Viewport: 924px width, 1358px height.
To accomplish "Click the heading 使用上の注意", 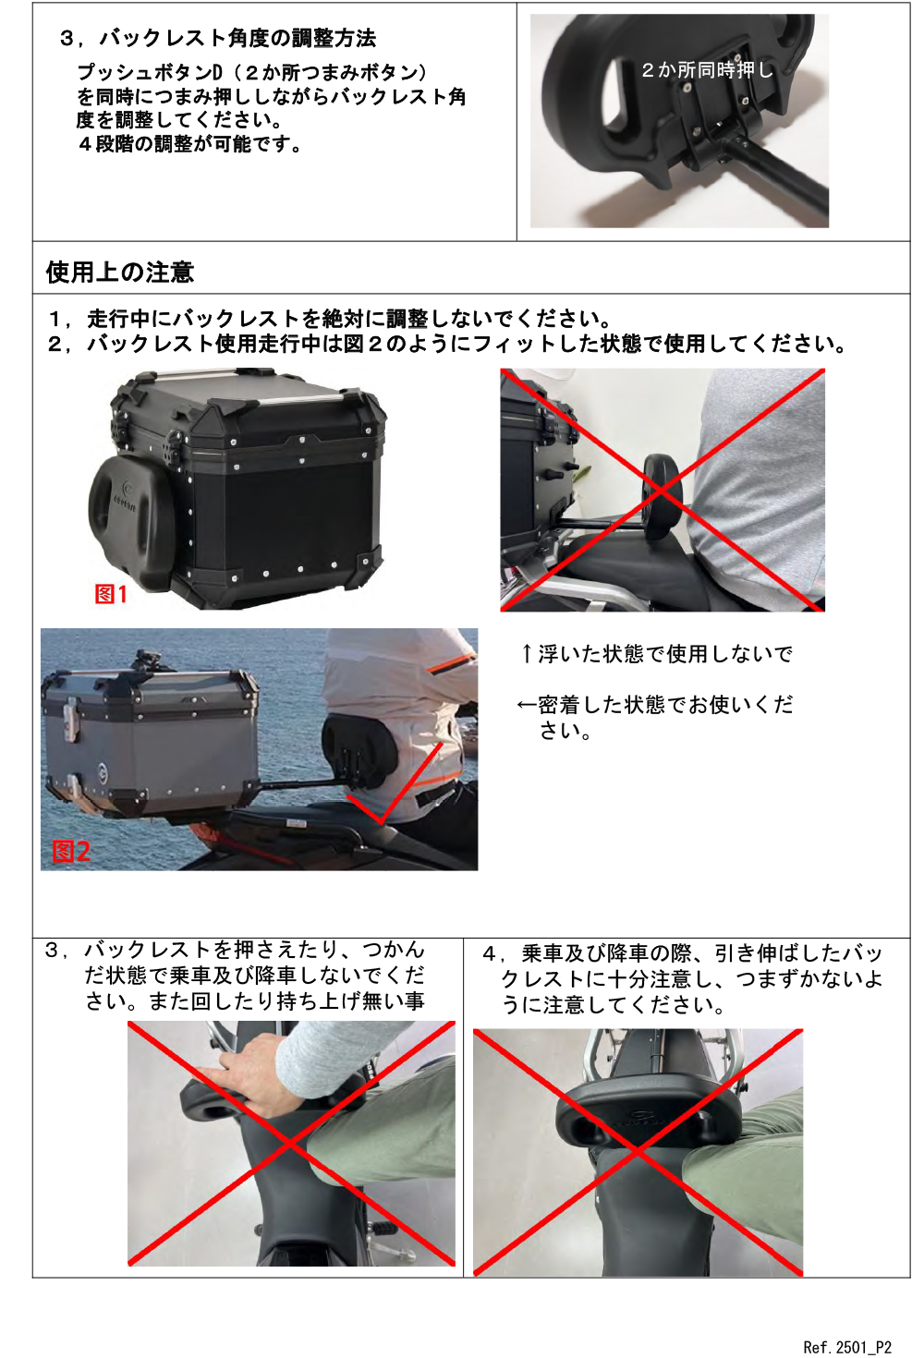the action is [x=120, y=273].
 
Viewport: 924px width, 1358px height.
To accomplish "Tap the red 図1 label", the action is [x=111, y=594].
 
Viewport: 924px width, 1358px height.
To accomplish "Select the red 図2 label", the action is [x=71, y=852].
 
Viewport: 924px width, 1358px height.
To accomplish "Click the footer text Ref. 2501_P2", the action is [x=847, y=1347].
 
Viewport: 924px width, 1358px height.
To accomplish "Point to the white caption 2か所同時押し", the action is [x=708, y=70].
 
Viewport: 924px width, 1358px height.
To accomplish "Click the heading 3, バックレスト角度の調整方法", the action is [x=218, y=38].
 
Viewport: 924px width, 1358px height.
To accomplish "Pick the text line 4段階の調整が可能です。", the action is [x=189, y=144].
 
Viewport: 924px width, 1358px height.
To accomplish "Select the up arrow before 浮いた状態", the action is [x=527, y=653].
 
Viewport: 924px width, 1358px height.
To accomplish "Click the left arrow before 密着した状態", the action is [x=527, y=705].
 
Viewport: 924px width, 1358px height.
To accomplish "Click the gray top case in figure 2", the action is [x=150, y=743].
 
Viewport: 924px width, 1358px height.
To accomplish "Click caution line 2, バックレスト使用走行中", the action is [x=447, y=345].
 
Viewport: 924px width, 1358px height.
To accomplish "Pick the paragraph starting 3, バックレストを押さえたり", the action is [x=236, y=976].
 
